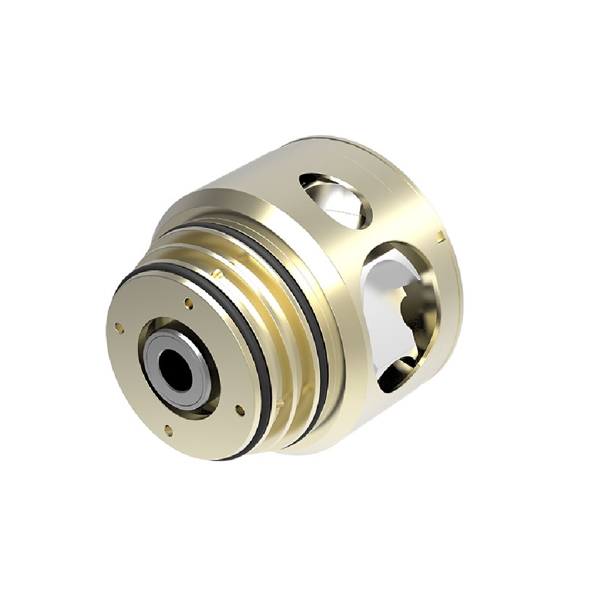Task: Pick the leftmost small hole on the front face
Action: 119,326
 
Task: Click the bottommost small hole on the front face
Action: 168,431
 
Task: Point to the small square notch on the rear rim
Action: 439,238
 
